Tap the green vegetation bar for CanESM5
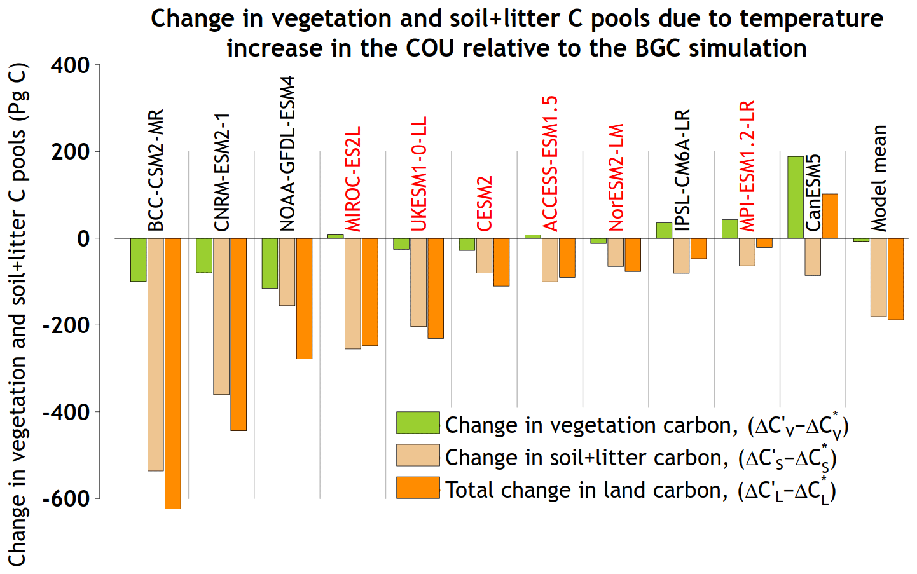(x=795, y=197)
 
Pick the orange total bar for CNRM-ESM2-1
(x=238, y=334)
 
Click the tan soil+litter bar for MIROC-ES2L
(x=352, y=293)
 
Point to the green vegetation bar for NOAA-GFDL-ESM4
(x=270, y=263)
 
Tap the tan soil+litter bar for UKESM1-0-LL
(x=418, y=282)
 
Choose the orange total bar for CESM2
(x=501, y=262)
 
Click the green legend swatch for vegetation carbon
(x=418, y=423)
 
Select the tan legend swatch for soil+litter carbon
(x=418, y=455)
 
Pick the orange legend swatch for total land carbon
(x=418, y=488)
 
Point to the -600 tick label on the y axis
(x=66, y=499)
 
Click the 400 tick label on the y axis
(x=70, y=65)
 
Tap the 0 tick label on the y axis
(x=83, y=239)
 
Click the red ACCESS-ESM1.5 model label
(x=550, y=163)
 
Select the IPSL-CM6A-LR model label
(x=682, y=170)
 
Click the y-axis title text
(x=17, y=315)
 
